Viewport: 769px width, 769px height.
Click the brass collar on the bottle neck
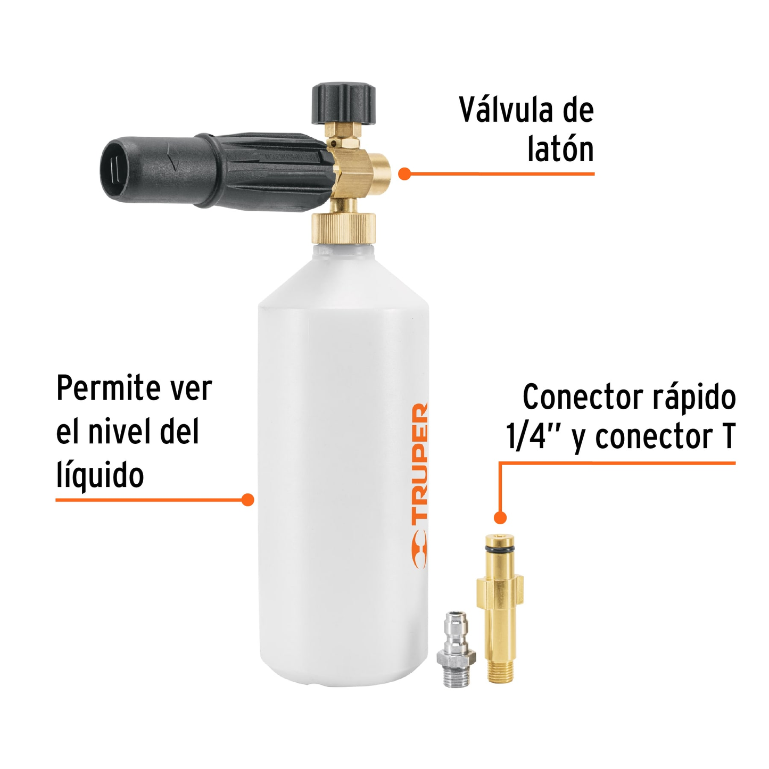tap(344, 228)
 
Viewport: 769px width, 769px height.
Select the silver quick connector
tap(454, 649)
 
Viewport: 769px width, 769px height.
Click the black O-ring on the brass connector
tap(500, 549)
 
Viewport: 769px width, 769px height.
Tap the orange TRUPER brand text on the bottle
tap(420, 461)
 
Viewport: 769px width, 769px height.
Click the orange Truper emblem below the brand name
tap(420, 549)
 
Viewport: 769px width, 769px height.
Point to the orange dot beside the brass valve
tap(404, 174)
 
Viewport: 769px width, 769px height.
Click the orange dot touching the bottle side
tap(247, 500)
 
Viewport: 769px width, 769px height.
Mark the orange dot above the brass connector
tap(500, 517)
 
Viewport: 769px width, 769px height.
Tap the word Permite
tap(101, 388)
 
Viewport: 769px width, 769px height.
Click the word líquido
tap(100, 475)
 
